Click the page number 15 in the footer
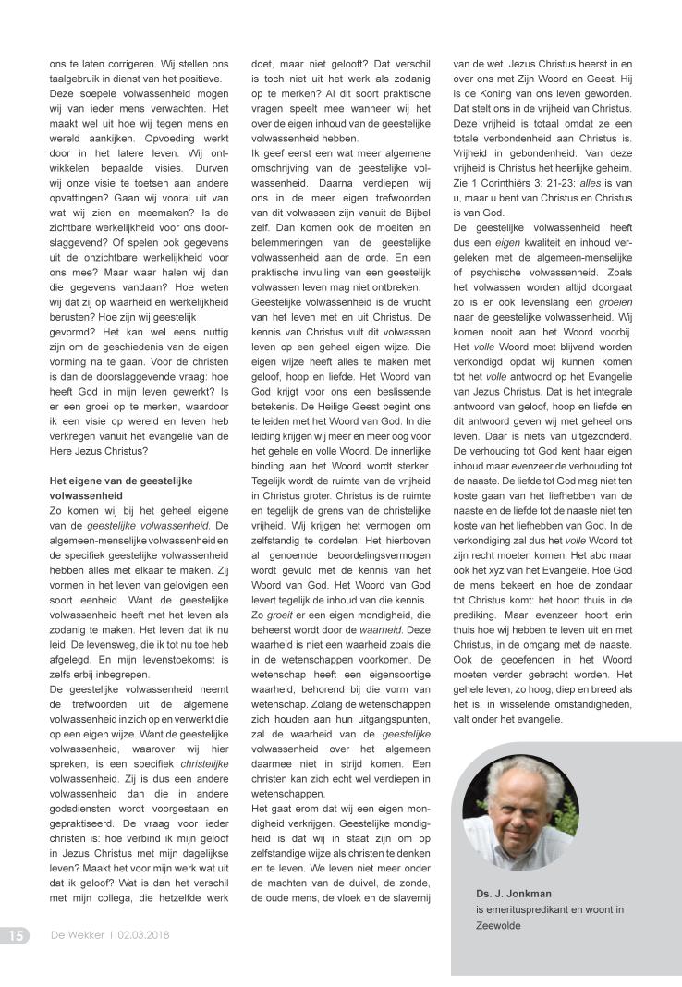coord(16,935)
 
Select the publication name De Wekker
coord(76,935)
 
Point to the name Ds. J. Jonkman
coord(515,893)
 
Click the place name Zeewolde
coord(496,926)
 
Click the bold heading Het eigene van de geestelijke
coord(123,481)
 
